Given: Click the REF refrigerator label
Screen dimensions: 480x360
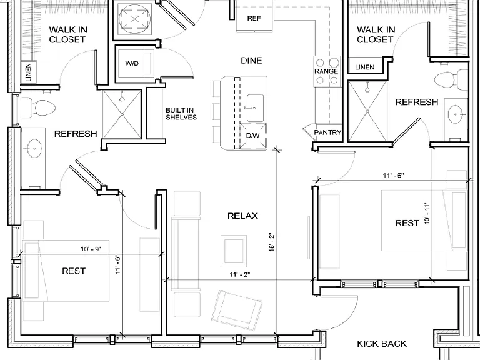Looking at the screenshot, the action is click(x=254, y=18).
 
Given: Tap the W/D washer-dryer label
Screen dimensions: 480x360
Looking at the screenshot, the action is click(x=132, y=63).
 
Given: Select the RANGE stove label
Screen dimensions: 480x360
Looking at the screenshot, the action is click(x=326, y=71).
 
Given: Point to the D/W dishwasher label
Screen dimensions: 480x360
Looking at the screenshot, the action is click(x=253, y=135).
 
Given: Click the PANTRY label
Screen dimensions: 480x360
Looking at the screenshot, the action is click(x=327, y=132).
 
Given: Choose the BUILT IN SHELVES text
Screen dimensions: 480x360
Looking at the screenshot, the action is click(x=181, y=114).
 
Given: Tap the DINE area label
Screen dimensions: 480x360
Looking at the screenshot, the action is click(x=251, y=60).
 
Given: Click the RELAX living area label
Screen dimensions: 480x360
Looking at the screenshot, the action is click(x=242, y=216).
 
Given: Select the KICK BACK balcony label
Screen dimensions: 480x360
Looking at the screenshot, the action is click(x=382, y=344).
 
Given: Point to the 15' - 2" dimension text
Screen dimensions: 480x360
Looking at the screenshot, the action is click(x=272, y=242).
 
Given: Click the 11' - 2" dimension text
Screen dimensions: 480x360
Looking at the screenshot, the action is click(x=240, y=274).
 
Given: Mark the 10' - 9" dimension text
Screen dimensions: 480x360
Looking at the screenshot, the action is click(x=91, y=249).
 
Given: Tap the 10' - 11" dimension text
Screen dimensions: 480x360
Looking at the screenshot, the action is click(x=427, y=213).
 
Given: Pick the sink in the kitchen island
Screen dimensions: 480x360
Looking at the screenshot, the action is click(x=255, y=108).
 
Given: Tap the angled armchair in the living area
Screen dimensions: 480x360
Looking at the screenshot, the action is click(x=237, y=311).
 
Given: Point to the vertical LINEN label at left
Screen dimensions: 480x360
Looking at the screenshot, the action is click(x=28, y=72).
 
